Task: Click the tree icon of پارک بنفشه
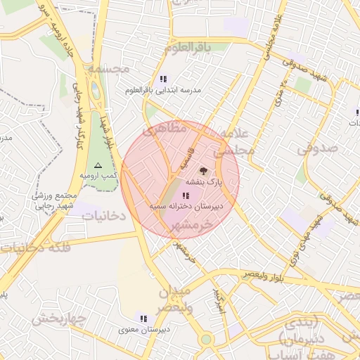203,170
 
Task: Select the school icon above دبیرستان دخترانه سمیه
186,195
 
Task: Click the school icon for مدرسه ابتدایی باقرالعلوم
163,79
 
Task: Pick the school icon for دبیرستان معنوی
143,319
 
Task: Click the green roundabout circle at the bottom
205,339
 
